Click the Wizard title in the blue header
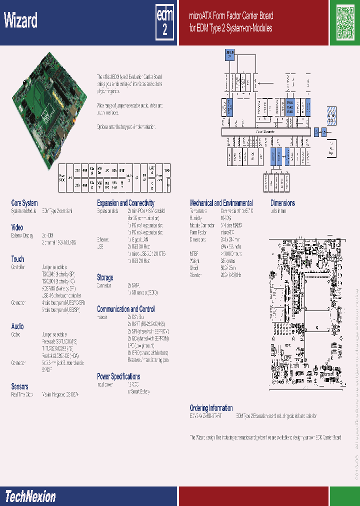(21, 21)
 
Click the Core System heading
(24, 203)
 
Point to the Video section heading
(17, 227)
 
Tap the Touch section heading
(17, 259)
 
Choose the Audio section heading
(17, 326)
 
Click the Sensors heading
(19, 386)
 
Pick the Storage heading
(105, 277)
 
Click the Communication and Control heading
(125, 309)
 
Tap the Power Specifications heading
(118, 376)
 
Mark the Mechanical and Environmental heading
(221, 203)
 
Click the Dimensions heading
(282, 203)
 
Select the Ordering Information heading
(211, 408)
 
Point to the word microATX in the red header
(202, 16)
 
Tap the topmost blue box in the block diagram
(229, 54)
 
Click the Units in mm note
(278, 211)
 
